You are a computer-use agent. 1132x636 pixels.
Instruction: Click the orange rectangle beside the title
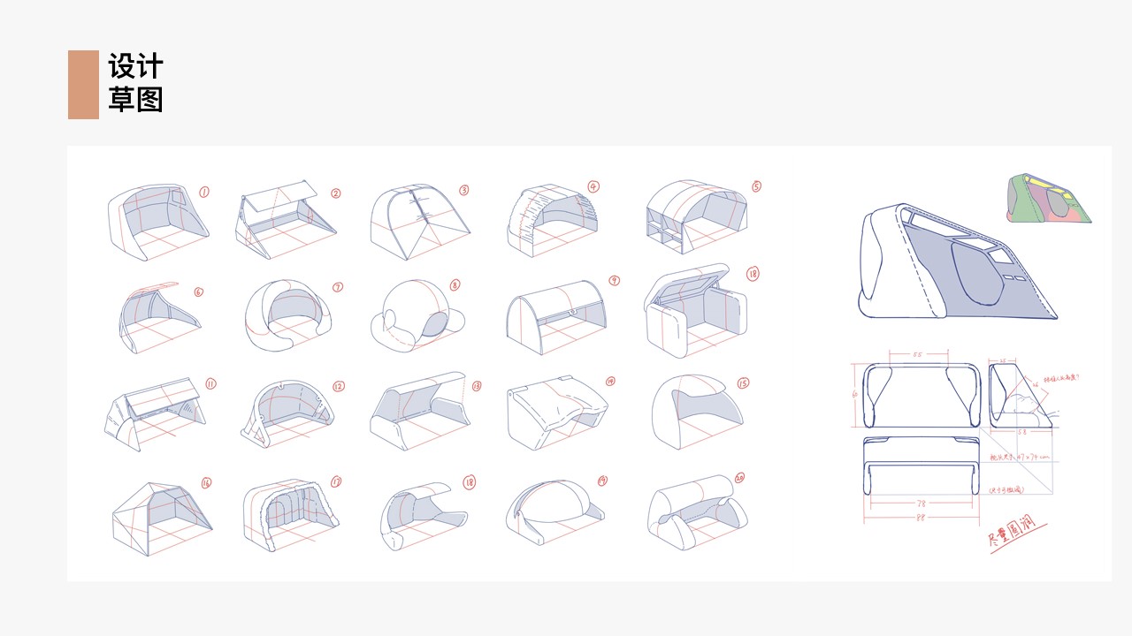point(83,84)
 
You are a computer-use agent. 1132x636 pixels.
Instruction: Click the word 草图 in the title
point(136,100)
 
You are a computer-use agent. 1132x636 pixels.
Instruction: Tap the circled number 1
point(204,192)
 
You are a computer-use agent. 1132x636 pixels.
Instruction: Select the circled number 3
point(464,190)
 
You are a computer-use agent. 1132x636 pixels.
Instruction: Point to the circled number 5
point(756,186)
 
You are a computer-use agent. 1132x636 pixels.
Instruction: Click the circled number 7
point(338,287)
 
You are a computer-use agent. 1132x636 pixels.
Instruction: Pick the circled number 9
point(614,281)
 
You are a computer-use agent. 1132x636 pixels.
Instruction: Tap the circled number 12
point(339,386)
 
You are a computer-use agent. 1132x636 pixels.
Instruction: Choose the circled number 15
point(743,383)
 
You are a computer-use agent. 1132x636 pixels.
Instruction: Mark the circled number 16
point(207,483)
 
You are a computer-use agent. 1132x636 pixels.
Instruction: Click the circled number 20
point(739,478)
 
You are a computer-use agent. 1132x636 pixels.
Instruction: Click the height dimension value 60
point(855,395)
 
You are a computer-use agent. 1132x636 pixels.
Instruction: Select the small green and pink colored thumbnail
point(1048,198)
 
